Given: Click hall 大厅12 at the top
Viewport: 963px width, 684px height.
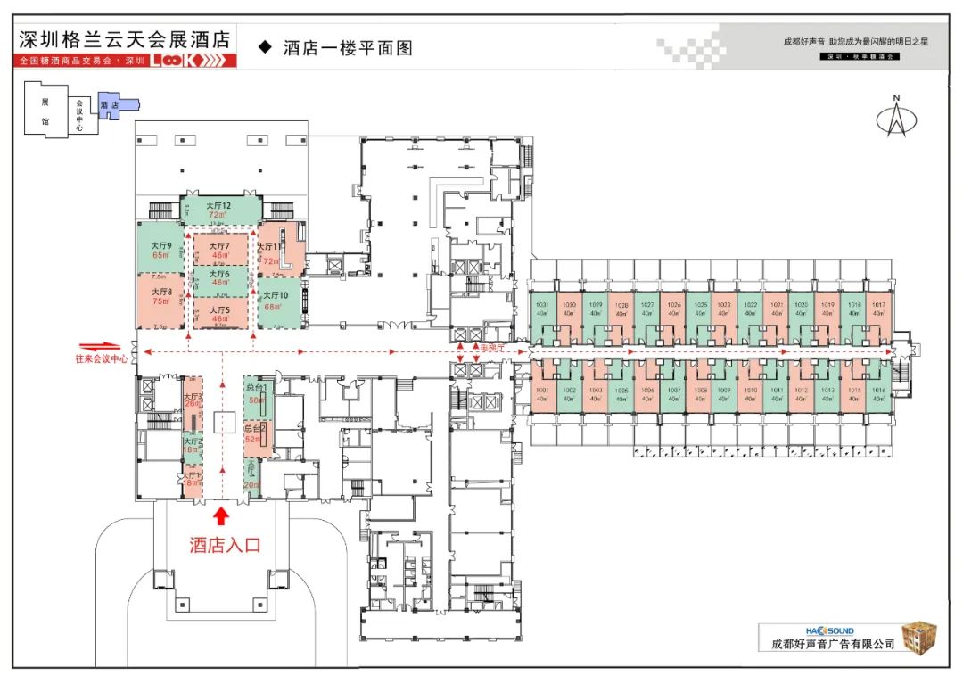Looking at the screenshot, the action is click(x=219, y=210).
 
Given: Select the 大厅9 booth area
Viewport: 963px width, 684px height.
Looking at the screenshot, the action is click(x=161, y=250).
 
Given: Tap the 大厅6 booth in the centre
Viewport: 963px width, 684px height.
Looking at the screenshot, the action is click(x=220, y=278).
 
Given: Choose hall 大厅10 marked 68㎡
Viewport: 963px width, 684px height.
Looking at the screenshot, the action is click(x=280, y=301).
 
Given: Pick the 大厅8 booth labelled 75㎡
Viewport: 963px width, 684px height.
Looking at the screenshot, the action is click(x=161, y=297).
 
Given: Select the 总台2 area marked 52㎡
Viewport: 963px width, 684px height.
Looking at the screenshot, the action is click(x=257, y=434).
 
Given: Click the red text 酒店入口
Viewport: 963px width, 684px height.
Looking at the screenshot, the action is click(x=225, y=546).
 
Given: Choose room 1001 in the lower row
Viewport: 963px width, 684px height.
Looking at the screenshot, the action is click(x=542, y=394).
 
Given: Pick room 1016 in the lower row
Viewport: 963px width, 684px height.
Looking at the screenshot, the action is click(x=878, y=394).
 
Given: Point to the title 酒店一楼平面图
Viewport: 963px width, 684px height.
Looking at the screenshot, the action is click(x=347, y=48).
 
